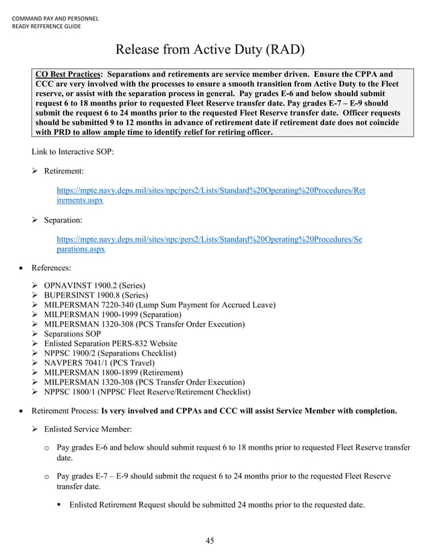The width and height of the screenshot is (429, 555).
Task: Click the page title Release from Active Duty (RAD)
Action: [210, 50]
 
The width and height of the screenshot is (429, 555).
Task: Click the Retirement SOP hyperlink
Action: [211, 196]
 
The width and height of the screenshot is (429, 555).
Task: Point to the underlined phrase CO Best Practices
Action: [68, 73]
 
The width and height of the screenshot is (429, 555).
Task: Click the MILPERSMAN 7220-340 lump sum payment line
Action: [159, 305]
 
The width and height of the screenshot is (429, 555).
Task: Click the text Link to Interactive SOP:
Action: [73, 152]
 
